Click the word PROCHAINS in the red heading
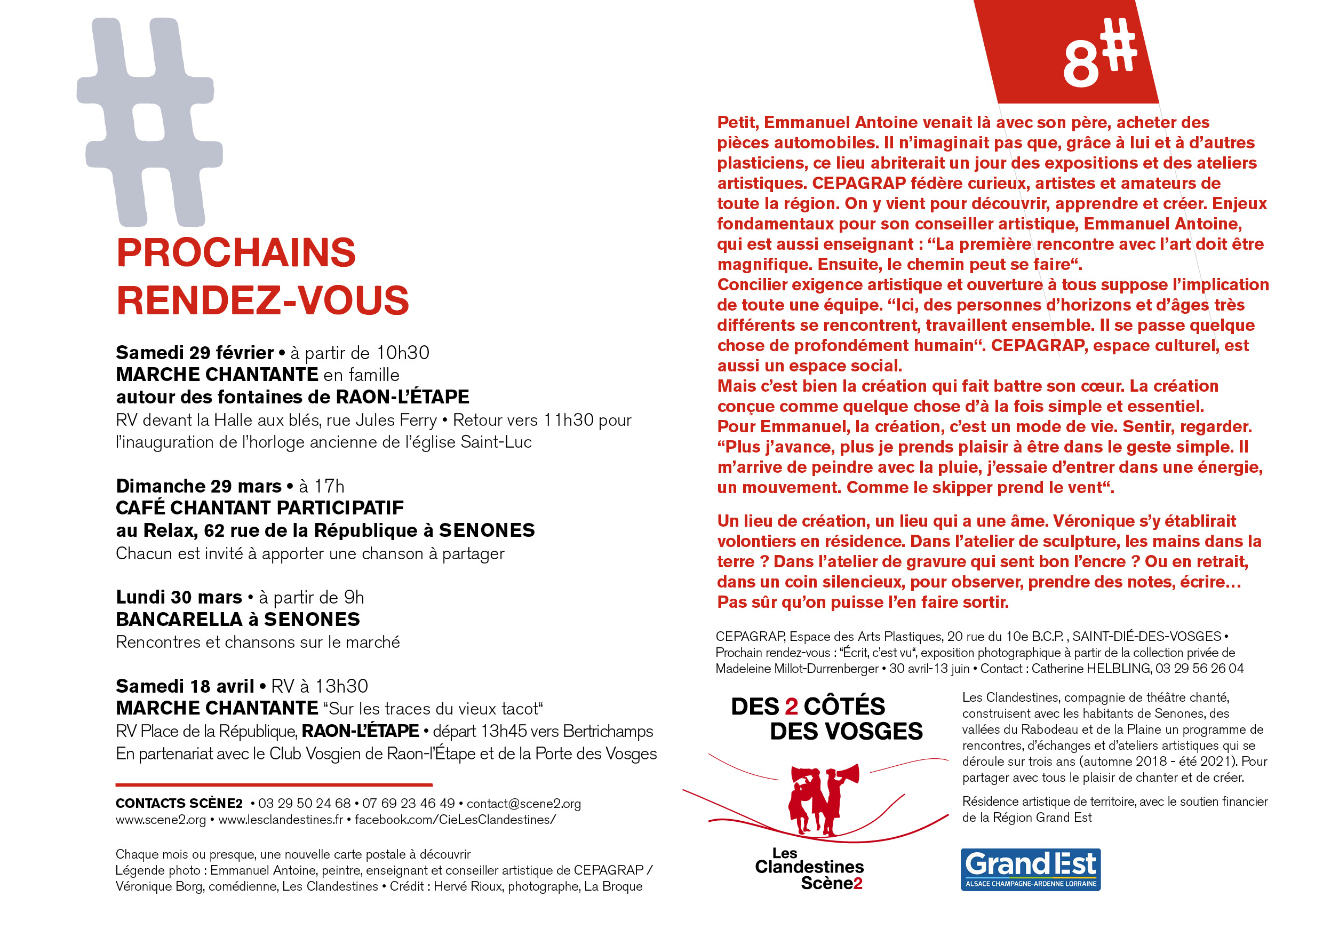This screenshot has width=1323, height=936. (x=236, y=253)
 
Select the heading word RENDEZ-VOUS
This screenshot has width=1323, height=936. (x=263, y=301)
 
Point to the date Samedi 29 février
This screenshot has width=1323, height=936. (x=195, y=353)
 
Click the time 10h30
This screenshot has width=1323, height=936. (x=402, y=353)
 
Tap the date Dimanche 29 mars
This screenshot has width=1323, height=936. (x=199, y=487)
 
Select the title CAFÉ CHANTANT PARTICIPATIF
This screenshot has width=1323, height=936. (x=260, y=509)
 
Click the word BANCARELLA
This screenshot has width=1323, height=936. (x=179, y=620)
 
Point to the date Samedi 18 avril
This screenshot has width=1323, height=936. (x=185, y=686)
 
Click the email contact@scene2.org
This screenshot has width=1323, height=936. (x=523, y=804)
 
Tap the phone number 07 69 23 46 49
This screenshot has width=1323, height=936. (x=408, y=804)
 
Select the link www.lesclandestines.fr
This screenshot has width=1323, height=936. (x=281, y=820)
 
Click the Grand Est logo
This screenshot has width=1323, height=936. (x=1030, y=870)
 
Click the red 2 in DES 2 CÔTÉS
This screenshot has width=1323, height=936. (x=792, y=707)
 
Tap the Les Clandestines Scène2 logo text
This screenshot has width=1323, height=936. (x=809, y=869)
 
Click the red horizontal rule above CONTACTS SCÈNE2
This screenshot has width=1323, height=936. (x=274, y=785)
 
